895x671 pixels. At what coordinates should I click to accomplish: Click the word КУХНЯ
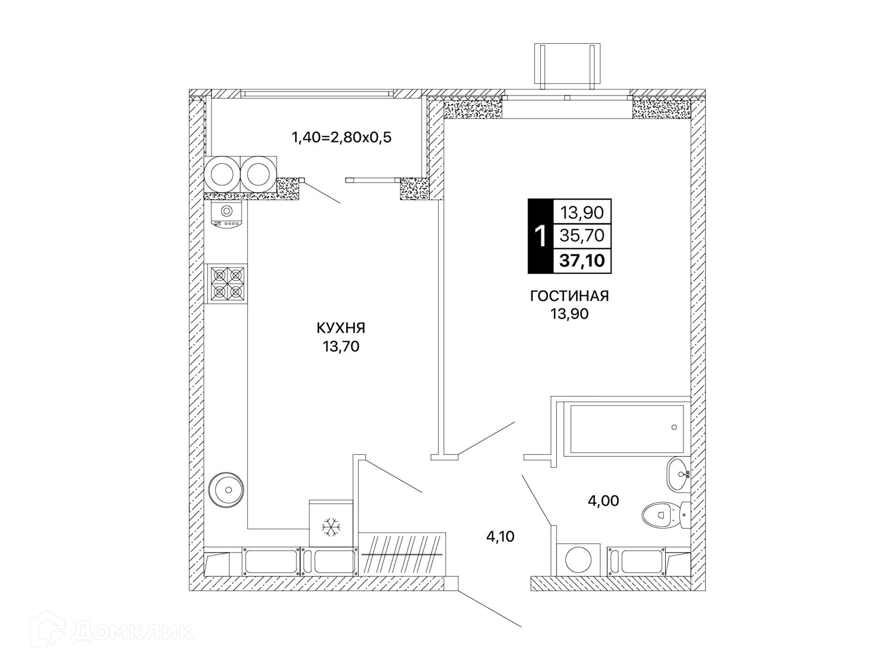point(341,328)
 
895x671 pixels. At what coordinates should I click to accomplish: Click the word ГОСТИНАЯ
point(569,296)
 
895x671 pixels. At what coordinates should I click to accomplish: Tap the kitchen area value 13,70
point(341,346)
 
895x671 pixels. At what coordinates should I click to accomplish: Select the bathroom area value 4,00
point(603,500)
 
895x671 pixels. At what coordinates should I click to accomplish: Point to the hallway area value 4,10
point(500,536)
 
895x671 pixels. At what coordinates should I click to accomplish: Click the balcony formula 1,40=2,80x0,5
point(341,137)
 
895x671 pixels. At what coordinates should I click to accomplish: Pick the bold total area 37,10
point(582,260)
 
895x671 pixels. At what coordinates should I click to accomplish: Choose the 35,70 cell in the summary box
point(582,236)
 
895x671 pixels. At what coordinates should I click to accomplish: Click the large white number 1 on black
point(540,236)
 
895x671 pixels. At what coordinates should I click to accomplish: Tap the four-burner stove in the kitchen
point(227,284)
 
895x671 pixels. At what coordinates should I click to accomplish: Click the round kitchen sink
point(226,490)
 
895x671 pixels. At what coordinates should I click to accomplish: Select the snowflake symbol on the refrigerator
point(331,527)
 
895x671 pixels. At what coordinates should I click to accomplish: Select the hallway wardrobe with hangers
point(402,554)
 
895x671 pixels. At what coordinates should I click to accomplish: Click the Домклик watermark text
point(132,632)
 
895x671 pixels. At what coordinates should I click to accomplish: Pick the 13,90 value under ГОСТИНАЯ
point(569,314)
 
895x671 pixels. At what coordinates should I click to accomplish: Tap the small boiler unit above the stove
point(227,215)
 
